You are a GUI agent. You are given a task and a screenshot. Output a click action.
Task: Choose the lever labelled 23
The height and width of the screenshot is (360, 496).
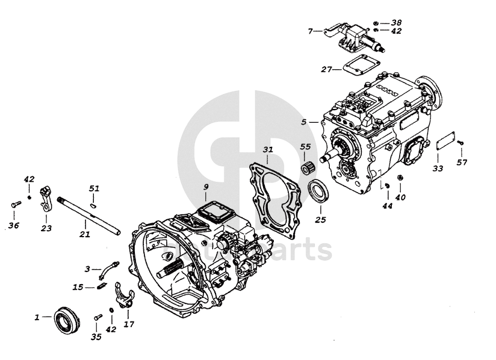45,199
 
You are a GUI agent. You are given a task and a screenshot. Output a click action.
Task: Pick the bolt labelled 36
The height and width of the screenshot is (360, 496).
15,205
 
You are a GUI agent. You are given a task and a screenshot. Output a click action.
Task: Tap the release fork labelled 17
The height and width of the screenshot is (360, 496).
122,297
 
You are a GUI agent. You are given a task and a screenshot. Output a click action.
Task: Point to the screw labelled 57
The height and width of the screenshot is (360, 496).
461,141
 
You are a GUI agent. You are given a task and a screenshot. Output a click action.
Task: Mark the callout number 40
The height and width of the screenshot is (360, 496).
400,196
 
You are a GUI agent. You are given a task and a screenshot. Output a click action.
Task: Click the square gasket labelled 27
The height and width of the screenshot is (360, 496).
354,68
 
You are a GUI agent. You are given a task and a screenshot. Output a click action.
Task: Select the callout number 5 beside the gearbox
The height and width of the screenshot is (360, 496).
305,122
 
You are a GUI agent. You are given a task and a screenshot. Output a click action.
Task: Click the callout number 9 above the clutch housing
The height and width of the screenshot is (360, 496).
205,187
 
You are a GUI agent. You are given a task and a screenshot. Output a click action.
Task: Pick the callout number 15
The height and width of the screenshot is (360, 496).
78,287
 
